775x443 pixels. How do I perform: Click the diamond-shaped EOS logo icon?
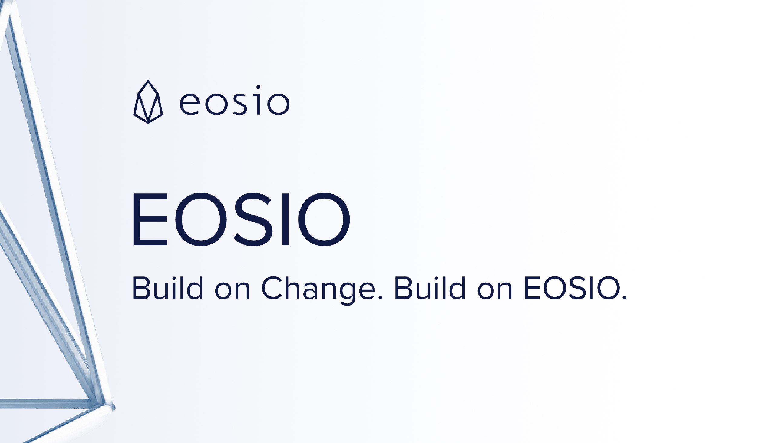click(x=148, y=102)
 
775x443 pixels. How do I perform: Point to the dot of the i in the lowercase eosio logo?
click(x=258, y=87)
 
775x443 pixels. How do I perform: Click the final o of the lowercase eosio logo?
click(x=278, y=104)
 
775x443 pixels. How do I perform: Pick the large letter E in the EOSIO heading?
click(x=150, y=219)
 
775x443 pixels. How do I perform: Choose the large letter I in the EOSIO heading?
click(x=285, y=219)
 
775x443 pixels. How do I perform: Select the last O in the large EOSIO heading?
click(x=324, y=219)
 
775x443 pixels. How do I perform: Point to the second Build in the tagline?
click(x=430, y=288)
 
